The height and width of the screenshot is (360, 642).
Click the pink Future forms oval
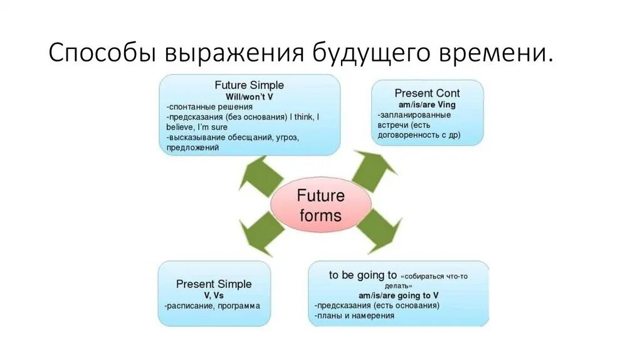point(320,205)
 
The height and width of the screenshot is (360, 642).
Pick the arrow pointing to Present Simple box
point(261,232)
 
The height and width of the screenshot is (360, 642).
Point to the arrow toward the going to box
point(379,230)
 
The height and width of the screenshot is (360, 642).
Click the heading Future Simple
point(249,85)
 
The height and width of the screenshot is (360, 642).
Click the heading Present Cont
point(427,93)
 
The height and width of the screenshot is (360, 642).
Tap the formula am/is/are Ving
point(427,105)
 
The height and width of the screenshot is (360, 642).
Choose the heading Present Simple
point(214,284)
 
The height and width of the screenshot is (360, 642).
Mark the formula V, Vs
point(214,295)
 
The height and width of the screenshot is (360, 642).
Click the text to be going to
point(363,275)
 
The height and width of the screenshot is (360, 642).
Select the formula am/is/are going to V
point(398,295)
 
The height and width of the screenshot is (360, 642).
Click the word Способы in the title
point(101,53)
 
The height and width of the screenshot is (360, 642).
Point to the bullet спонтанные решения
point(204,107)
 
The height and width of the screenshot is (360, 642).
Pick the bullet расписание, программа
point(213,306)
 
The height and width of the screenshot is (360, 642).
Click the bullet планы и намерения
point(355,315)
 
